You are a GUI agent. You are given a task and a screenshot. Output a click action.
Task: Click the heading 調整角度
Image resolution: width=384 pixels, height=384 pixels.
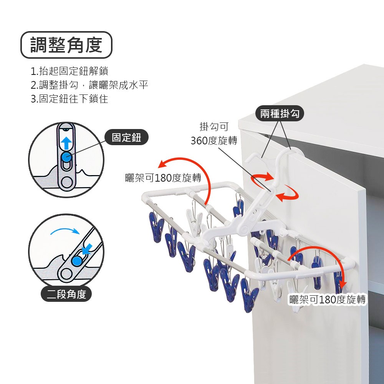[66, 45]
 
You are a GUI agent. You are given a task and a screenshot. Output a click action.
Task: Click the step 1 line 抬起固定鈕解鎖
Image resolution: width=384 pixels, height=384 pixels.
[69, 71]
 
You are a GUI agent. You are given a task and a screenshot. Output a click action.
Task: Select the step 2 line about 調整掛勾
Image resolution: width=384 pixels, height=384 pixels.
[89, 85]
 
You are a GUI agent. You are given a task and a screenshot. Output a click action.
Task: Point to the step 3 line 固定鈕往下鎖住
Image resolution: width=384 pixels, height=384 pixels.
[69, 99]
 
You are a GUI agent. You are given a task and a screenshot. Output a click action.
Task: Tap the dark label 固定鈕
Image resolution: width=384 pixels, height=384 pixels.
[126, 138]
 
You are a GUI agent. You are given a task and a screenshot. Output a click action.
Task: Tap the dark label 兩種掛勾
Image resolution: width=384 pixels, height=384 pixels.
[279, 113]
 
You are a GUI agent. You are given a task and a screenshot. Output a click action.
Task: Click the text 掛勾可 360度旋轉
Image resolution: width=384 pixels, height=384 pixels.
[214, 134]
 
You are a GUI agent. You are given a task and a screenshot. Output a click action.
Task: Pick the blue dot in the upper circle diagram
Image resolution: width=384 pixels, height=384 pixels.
[66, 157]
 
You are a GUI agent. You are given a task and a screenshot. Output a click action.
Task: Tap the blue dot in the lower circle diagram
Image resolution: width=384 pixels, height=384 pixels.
[77, 261]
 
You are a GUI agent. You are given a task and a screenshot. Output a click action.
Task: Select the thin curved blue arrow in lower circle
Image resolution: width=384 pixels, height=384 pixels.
[65, 232]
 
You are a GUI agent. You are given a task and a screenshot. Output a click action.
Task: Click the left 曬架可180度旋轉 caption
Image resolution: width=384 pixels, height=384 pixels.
[163, 178]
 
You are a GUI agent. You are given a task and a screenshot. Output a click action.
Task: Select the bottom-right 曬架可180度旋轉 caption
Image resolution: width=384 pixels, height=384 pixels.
[327, 300]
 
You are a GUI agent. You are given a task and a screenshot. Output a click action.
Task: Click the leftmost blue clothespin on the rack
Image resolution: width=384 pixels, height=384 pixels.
[154, 229]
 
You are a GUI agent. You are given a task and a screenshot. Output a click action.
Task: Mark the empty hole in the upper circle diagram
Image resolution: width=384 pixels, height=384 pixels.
[67, 182]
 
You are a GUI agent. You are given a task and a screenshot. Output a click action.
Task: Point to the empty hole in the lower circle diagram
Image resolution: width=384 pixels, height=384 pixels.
[65, 273]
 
